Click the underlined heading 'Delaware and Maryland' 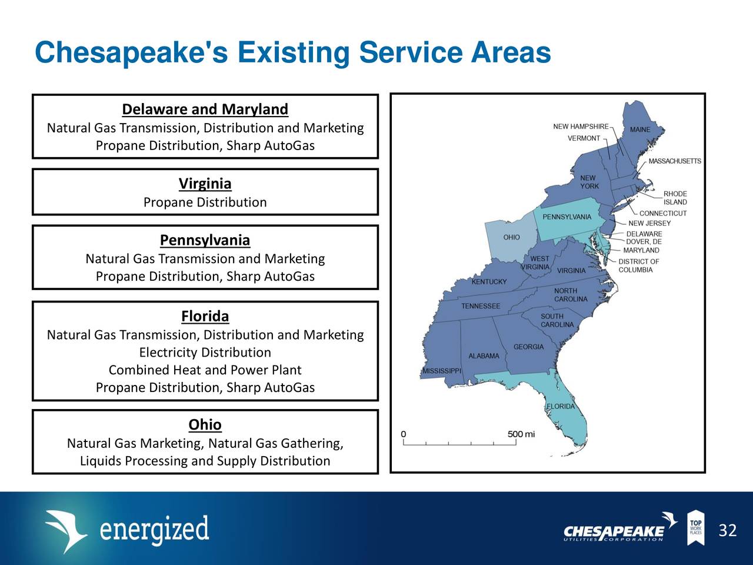coord(205,109)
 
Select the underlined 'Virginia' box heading coord(205,184)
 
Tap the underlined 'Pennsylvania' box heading coord(205,240)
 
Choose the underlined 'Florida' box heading coord(205,316)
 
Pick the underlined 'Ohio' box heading coord(205,424)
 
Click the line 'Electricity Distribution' coord(205,353)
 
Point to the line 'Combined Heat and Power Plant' coord(205,370)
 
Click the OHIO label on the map coord(511,237)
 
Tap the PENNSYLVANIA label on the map coord(567,217)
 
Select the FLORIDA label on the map coord(561,407)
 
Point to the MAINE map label coord(640,129)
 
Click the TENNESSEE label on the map coord(481,306)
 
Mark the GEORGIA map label coord(528,347)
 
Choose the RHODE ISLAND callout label coord(675,198)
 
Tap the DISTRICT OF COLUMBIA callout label coord(638,265)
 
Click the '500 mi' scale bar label coord(521,434)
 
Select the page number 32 coord(727,531)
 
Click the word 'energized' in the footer coord(154,530)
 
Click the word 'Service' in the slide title coord(409,53)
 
